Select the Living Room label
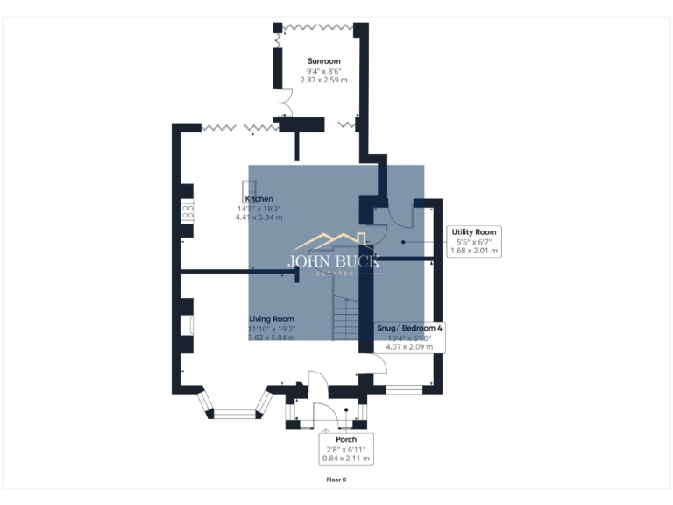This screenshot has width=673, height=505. coord(271,318)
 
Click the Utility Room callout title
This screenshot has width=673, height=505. coord(473,232)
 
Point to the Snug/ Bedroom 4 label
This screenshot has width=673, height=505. coord(410,327)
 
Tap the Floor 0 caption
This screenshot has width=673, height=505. coord(336,480)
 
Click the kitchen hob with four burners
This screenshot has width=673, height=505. coord(188,210)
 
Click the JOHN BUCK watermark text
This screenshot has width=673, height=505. coord(336,260)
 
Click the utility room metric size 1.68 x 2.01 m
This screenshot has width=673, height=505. coord(473,251)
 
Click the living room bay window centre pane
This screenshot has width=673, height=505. coord(233,408)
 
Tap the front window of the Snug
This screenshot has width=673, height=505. coord(404,387)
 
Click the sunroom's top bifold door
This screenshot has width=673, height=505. coord(317,26)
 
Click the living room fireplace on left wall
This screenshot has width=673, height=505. coord(187,324)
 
